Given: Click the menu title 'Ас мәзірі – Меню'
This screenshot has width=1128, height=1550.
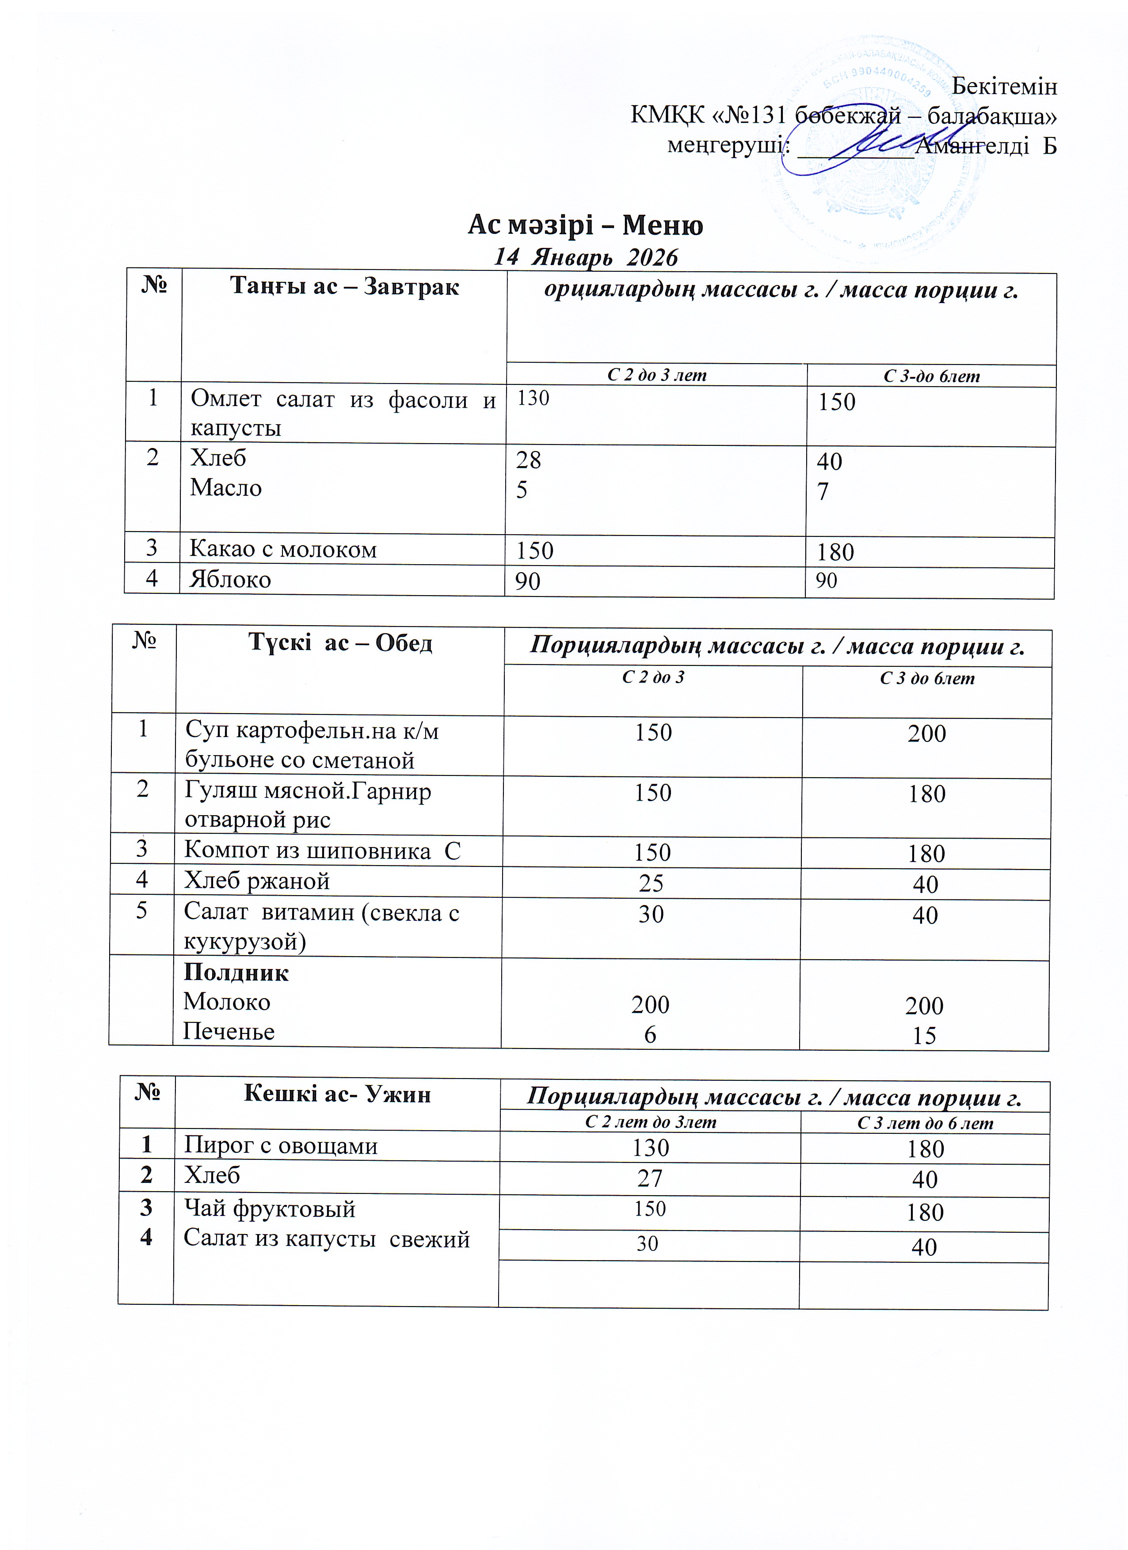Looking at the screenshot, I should [585, 225].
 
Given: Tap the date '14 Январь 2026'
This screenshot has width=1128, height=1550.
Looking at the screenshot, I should [585, 257].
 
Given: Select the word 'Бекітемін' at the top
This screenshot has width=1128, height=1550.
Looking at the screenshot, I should [1004, 86].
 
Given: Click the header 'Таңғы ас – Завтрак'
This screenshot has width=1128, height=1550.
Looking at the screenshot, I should [344, 286].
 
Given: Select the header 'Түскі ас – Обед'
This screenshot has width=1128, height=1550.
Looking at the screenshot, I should [340, 642].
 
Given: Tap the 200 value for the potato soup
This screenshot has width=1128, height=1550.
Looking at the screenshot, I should [926, 733].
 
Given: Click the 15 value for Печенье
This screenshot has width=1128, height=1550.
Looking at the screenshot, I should [924, 1035].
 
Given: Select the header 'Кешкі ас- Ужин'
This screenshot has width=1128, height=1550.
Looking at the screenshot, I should [337, 1094].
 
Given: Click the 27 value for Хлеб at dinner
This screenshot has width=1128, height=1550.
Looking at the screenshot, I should [649, 1178].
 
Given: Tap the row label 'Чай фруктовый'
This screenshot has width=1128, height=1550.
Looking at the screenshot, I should [269, 1208].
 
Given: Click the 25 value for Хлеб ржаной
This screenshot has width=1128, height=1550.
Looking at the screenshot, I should [651, 883].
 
